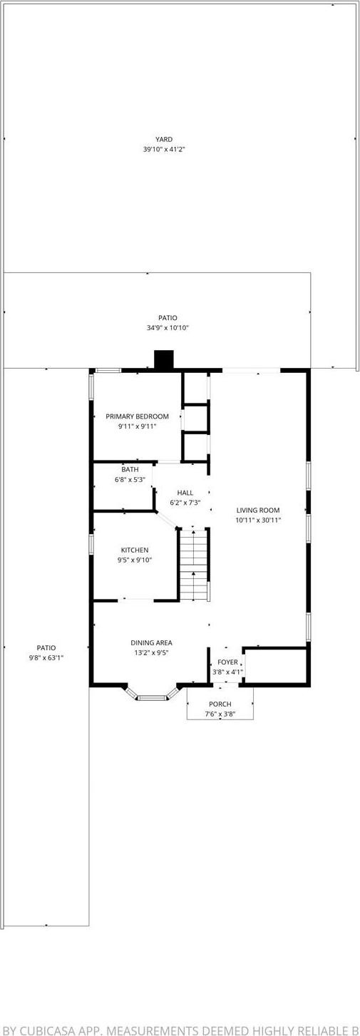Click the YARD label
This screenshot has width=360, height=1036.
[x=164, y=140]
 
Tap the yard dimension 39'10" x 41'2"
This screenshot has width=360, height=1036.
[x=164, y=150]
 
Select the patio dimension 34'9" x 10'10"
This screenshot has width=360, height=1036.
[x=168, y=328]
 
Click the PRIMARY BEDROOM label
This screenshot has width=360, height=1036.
[x=137, y=416]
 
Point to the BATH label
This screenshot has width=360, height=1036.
[x=130, y=469]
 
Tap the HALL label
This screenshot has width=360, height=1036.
[x=185, y=493]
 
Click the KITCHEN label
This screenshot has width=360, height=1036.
[x=135, y=550]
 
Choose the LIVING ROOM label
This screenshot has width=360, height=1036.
[x=258, y=510]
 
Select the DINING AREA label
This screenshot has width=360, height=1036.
[x=151, y=642]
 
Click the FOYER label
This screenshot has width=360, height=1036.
[x=227, y=662]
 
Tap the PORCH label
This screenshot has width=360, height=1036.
[x=220, y=704]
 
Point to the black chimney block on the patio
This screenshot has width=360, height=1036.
[x=164, y=360]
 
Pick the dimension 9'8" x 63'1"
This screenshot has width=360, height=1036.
[x=46, y=658]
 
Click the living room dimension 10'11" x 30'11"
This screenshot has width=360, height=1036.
[x=258, y=520]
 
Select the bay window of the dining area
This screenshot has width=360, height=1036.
[x=150, y=697]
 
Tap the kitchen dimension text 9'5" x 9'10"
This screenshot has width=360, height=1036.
[x=135, y=560]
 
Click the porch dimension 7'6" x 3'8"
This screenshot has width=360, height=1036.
[x=220, y=714]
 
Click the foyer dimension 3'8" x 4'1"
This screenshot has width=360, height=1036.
[x=227, y=672]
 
